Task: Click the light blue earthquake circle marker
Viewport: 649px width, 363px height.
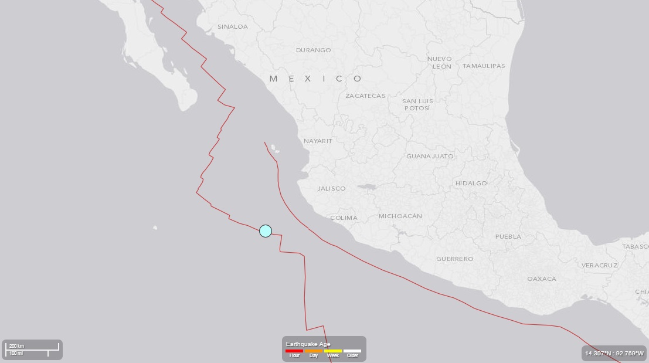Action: point(266,230)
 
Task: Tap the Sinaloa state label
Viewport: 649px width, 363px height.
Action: point(233,26)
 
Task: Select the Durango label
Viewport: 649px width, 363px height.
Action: point(313,50)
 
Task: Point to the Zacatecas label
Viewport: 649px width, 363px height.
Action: point(365,96)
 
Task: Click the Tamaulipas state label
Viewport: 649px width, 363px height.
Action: point(484,66)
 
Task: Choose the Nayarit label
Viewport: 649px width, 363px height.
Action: point(318,141)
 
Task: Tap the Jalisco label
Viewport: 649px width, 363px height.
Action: point(331,188)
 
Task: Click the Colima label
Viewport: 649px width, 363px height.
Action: point(344,218)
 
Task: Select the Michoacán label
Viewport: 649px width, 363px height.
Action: point(400,216)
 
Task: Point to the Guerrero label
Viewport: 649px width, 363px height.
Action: point(454,259)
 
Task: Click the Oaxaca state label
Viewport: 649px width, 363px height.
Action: point(542,279)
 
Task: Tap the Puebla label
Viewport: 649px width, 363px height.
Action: point(508,236)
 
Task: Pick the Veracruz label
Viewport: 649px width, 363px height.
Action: point(600,265)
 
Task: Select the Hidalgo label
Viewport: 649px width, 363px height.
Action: point(471,183)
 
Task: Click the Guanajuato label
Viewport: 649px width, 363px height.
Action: point(430,156)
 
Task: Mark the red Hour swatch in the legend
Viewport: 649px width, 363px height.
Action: point(294,351)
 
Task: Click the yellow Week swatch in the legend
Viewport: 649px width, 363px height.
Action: point(333,351)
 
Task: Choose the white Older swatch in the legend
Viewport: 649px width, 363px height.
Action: point(352,351)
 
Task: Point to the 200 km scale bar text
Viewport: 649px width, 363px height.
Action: point(16,346)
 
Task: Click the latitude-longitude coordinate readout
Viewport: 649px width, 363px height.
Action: point(614,353)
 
